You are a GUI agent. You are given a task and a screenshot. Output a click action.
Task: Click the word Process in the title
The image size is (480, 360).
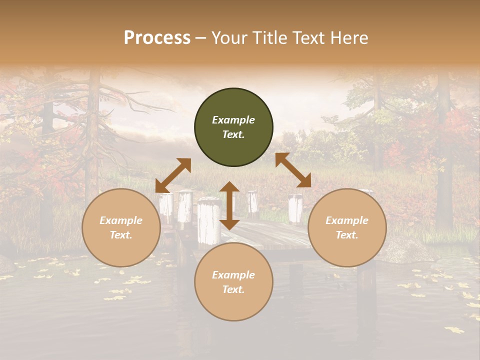pos(157,38)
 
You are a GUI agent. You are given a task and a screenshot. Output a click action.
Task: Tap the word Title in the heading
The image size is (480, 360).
pos(269,38)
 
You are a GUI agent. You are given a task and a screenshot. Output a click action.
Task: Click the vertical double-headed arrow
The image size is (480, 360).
pos(229,205)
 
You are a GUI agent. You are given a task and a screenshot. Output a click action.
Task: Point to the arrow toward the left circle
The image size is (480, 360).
pos(173,175)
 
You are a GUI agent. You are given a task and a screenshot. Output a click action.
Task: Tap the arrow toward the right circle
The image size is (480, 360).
pos(293,170)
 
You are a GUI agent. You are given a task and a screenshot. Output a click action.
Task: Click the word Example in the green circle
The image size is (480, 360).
pos(233,120)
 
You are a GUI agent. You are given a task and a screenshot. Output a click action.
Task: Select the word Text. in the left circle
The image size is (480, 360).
pos(121,235)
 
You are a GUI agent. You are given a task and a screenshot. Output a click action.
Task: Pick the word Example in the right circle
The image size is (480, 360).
pos(347,220)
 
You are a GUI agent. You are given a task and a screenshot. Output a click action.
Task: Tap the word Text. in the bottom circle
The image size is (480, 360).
pos(233,289)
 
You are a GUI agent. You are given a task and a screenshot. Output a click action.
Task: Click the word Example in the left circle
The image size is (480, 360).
pos(121,220)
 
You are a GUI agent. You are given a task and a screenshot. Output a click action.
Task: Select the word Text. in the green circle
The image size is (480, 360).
pos(233,134)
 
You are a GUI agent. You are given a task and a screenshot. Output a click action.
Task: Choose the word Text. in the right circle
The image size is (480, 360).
pos(347,235)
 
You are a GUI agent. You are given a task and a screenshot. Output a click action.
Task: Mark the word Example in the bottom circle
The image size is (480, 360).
pos(233,275)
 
